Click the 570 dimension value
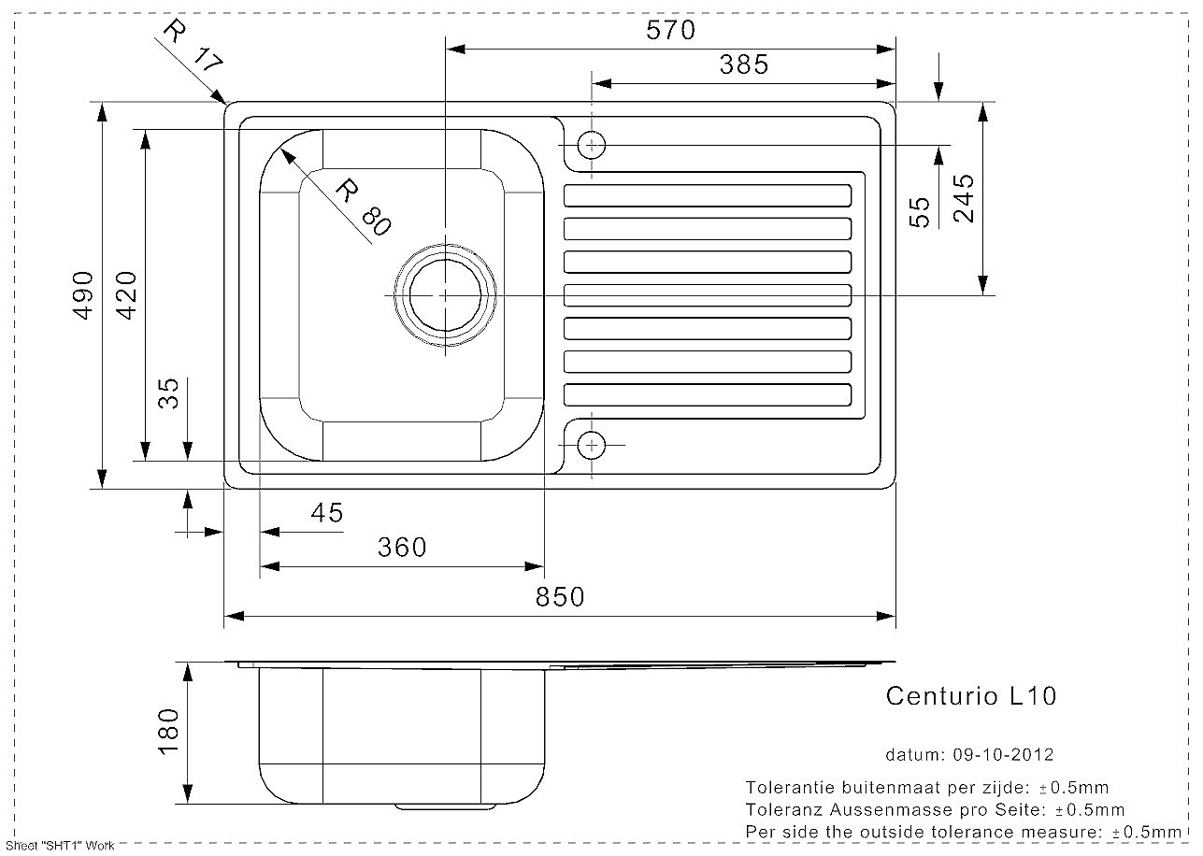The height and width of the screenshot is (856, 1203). pos(670,30)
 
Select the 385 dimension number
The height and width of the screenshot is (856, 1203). pos(744,65)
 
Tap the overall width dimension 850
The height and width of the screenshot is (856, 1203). pos(560,597)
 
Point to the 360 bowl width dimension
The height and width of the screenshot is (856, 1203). pos(402,548)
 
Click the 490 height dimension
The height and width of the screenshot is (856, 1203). pos(83,295)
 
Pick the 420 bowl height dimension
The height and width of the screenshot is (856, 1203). pos(127,295)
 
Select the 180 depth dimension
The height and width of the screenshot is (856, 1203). pos(168,732)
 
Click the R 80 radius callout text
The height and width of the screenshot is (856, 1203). pos(364,207)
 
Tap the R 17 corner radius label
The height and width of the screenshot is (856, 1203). pos(193,46)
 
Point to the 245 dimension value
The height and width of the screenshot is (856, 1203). pos(964,198)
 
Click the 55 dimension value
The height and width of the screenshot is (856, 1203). pos(920,213)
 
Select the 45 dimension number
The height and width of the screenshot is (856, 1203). pos(326,513)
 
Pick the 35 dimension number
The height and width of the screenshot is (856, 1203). pos(168,393)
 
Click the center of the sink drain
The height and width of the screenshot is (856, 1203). pos(445,294)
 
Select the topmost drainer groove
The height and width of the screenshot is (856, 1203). pos(708,195)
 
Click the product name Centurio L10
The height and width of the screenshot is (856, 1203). pos(971,696)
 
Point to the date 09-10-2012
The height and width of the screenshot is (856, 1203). pos(1003,755)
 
